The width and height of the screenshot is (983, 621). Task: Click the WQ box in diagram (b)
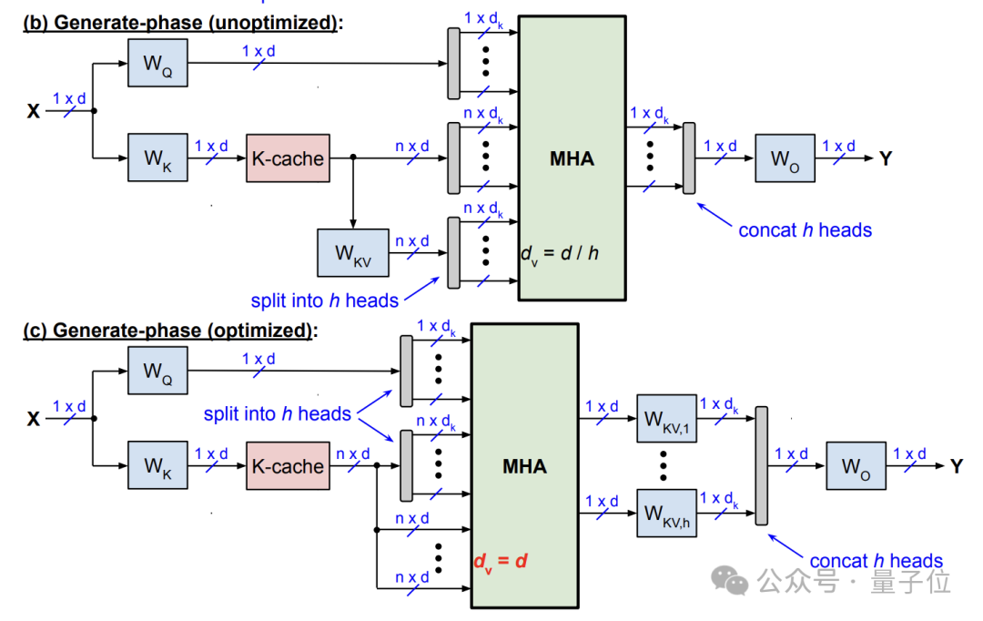click(x=157, y=63)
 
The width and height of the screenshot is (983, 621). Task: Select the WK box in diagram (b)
click(x=157, y=158)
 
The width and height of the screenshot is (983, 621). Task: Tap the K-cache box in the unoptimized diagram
click(x=287, y=158)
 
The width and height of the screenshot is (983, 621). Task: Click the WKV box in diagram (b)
click(x=352, y=252)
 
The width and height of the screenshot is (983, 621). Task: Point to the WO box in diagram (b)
click(x=784, y=158)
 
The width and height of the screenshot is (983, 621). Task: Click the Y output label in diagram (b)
click(x=886, y=159)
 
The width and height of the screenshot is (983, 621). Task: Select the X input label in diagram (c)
click(x=34, y=419)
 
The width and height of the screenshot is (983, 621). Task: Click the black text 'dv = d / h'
click(x=560, y=252)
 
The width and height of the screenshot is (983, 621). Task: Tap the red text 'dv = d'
click(x=500, y=560)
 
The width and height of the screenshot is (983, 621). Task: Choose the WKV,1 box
click(x=665, y=419)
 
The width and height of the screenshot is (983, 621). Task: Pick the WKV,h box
click(x=665, y=514)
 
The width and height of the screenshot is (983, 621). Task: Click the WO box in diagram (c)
click(x=855, y=466)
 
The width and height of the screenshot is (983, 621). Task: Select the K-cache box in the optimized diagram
click(x=287, y=466)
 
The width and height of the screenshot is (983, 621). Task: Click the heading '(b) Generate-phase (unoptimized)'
click(x=182, y=23)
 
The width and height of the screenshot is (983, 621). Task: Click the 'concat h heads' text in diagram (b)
click(x=805, y=230)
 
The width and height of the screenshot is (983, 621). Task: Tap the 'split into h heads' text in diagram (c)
click(x=277, y=414)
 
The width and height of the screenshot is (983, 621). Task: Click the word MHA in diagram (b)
click(x=572, y=158)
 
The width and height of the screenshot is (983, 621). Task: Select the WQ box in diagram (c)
click(x=157, y=371)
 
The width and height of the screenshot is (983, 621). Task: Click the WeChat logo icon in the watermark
click(x=731, y=580)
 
